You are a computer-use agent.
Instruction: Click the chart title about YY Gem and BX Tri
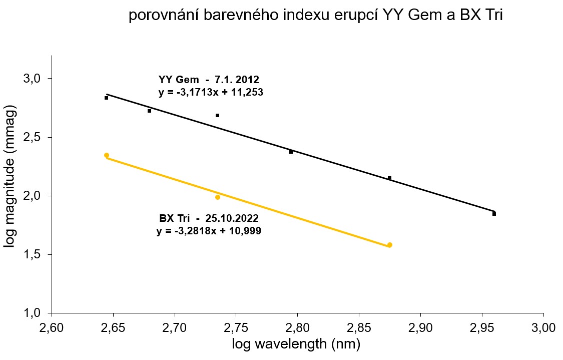pos(315,16)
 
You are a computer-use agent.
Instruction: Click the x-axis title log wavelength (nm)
pos(296,344)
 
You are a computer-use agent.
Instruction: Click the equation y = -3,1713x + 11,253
pos(210,92)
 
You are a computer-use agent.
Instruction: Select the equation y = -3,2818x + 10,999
pos(209,231)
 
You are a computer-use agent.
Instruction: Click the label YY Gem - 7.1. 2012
pos(209,80)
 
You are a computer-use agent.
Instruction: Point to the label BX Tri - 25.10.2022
pos(209,219)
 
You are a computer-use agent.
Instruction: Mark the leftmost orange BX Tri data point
pos(107,155)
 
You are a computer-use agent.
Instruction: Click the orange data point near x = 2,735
pos(218,197)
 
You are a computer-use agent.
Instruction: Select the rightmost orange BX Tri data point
pos(390,245)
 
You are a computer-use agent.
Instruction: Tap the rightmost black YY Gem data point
pos(494,214)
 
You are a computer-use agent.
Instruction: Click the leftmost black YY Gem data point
pos(107,98)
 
